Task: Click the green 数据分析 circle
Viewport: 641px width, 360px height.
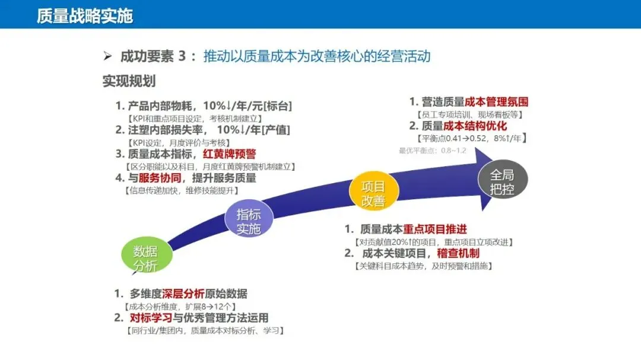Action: pos(145,257)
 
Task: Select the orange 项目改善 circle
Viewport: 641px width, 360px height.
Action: pos(373,193)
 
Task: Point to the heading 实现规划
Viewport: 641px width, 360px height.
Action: pos(129,81)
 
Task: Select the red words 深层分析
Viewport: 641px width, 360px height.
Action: pos(183,294)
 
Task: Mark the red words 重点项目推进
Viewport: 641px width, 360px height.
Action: pos(435,230)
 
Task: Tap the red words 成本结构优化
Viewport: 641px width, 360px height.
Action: pos(475,126)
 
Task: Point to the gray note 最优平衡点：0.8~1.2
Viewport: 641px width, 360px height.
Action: pos(431,151)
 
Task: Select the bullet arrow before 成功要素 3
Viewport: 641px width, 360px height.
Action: pos(107,56)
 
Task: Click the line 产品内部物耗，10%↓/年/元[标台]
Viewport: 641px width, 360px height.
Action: pos(204,106)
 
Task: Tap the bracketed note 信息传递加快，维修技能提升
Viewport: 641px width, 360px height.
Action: pos(182,190)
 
